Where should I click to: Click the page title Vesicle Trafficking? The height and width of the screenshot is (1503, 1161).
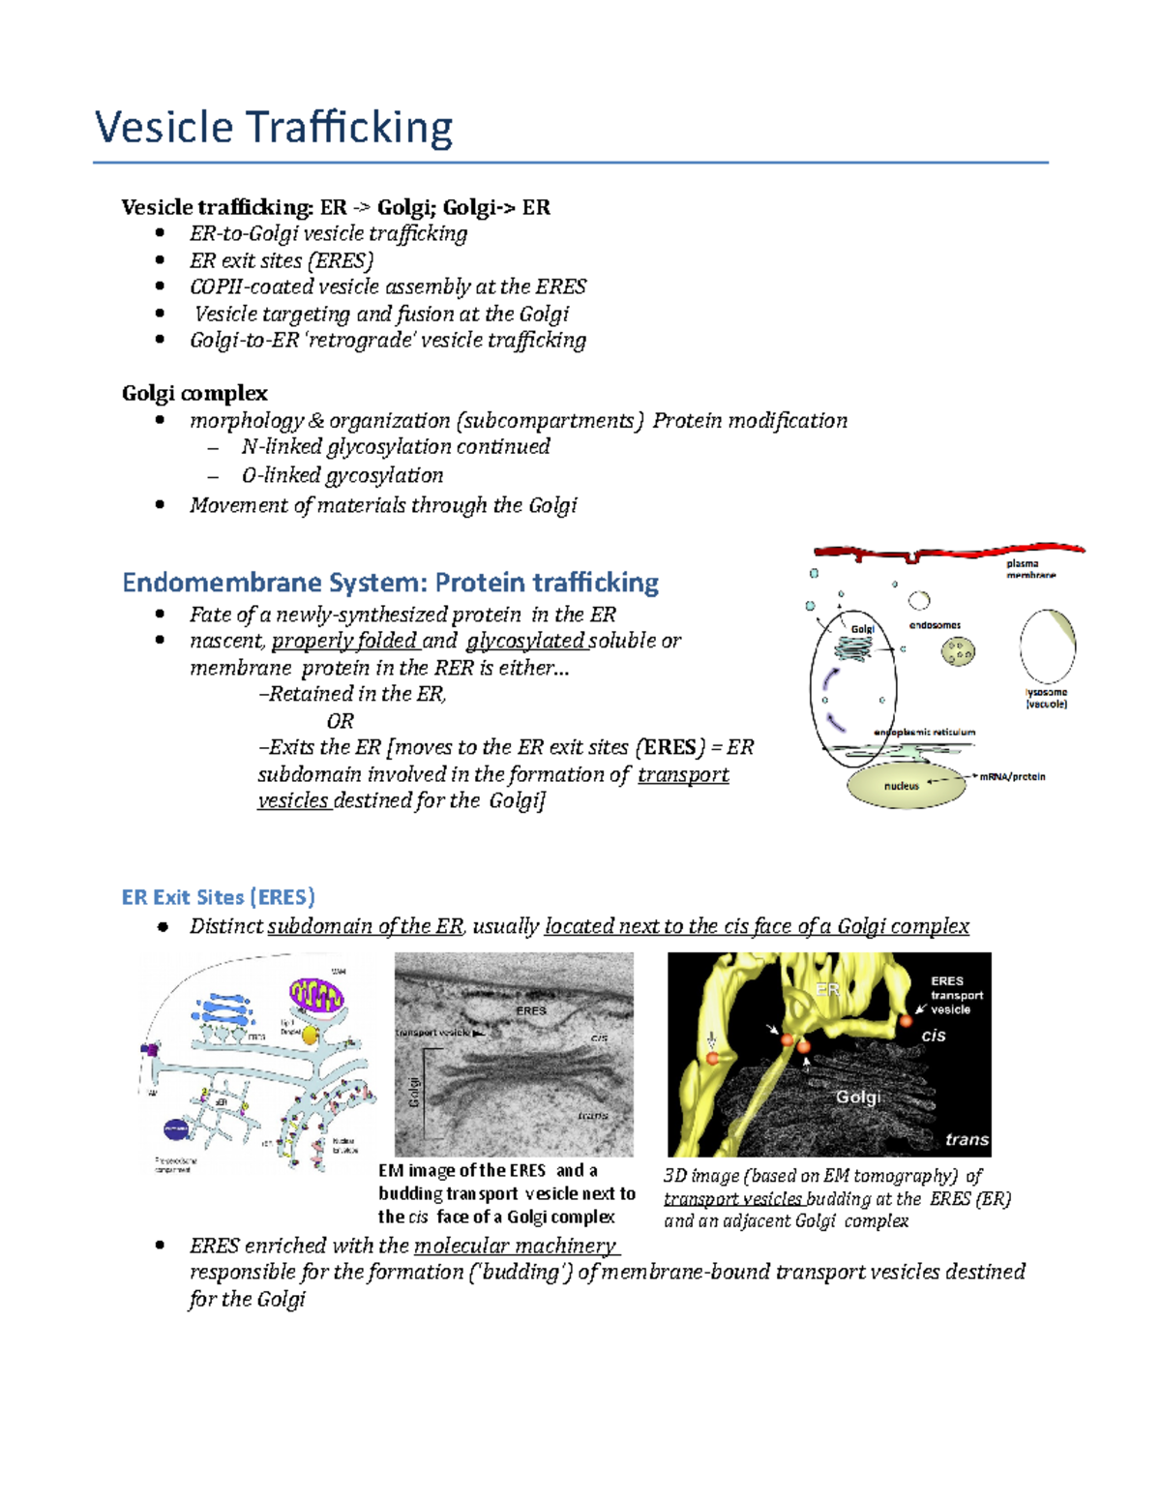coord(274,128)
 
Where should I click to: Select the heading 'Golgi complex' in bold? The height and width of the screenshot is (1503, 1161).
coord(194,393)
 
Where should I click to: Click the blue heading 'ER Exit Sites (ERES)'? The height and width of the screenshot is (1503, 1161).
coord(219,897)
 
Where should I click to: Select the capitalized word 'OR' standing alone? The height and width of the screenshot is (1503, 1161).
coord(340,721)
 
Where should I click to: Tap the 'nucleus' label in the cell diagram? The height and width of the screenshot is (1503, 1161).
coord(901,786)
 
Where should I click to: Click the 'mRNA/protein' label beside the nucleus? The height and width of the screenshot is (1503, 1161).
coord(1012,776)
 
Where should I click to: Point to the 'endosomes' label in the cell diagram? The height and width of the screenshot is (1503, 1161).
coord(935,625)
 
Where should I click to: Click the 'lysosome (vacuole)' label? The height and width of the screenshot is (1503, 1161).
coord(1046,698)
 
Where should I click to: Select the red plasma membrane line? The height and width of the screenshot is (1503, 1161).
coord(948,552)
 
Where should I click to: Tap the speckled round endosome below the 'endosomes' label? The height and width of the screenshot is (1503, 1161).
coord(958,653)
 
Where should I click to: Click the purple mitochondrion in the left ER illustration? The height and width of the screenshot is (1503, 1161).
coord(315,996)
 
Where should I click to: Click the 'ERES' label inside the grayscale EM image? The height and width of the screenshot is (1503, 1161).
coord(531,1010)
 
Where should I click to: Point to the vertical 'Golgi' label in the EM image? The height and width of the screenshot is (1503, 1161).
coord(414,1092)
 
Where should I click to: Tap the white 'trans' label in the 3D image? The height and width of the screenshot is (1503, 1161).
coord(967,1139)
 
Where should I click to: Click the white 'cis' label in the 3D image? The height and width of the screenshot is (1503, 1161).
coord(933,1036)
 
